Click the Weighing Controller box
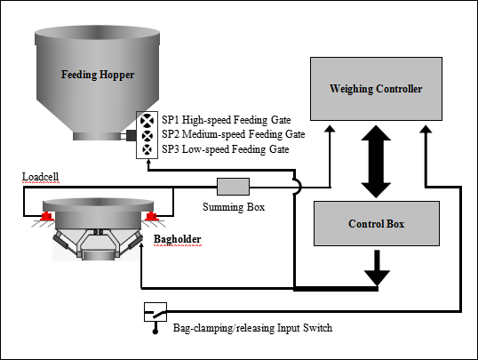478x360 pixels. point(376,89)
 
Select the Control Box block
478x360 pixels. point(377,223)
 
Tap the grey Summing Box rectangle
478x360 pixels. point(233,187)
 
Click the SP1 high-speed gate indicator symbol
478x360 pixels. point(147,120)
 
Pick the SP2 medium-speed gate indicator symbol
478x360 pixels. point(147,135)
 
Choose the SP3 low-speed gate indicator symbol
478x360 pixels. point(147,149)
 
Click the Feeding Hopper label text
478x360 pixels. point(98,75)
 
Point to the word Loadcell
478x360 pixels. point(40,177)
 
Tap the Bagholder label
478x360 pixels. point(177,239)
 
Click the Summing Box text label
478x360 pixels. point(234,207)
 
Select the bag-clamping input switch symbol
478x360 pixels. point(155,312)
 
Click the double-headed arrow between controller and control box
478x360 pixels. point(376,162)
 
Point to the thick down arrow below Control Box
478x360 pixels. point(377,268)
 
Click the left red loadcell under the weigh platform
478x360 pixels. point(47,216)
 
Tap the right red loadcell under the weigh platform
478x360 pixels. point(151,216)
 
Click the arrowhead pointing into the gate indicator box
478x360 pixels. point(148,163)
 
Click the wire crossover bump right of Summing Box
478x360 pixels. point(298,186)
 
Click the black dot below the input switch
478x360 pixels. point(155,331)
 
